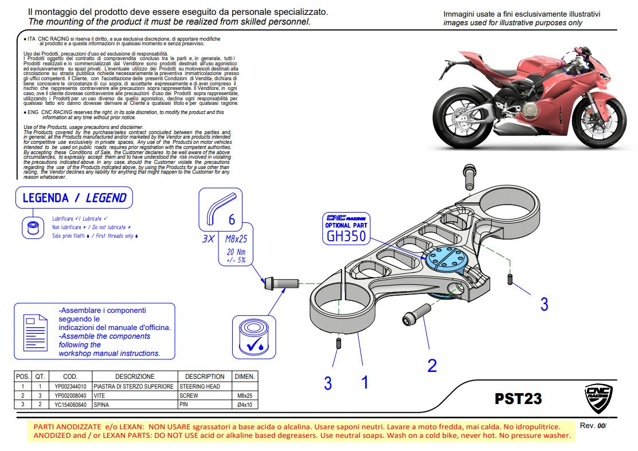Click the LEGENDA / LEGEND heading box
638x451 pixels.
click(x=74, y=198)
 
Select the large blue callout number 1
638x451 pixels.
click(x=365, y=382)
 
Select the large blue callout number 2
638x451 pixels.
click(x=432, y=365)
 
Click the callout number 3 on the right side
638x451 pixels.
click(x=544, y=304)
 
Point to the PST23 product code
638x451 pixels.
click(x=518, y=398)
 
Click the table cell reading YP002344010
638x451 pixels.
click(x=70, y=387)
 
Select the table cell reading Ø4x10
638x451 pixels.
click(x=245, y=405)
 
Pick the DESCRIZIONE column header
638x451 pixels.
click(x=135, y=377)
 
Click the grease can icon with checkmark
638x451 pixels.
click(x=250, y=338)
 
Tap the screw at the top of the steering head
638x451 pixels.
click(x=468, y=177)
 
